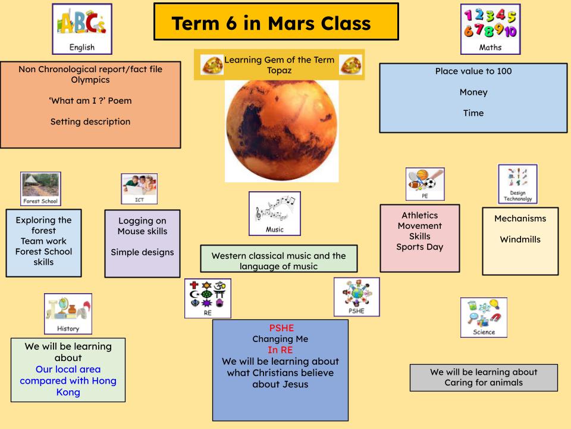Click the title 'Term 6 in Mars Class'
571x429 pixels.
tap(271, 23)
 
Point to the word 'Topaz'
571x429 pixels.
tap(280, 70)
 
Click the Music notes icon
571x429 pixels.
tap(274, 213)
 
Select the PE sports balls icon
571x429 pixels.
tap(425, 184)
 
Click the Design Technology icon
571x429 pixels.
tap(517, 184)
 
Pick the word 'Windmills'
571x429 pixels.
tap(520, 240)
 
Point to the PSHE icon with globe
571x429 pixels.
tap(356, 296)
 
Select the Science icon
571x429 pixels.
tap(484, 317)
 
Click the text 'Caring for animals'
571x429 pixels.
tap(483, 383)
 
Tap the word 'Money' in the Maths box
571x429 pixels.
tap(473, 92)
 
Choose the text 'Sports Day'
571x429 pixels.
tap(419, 247)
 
